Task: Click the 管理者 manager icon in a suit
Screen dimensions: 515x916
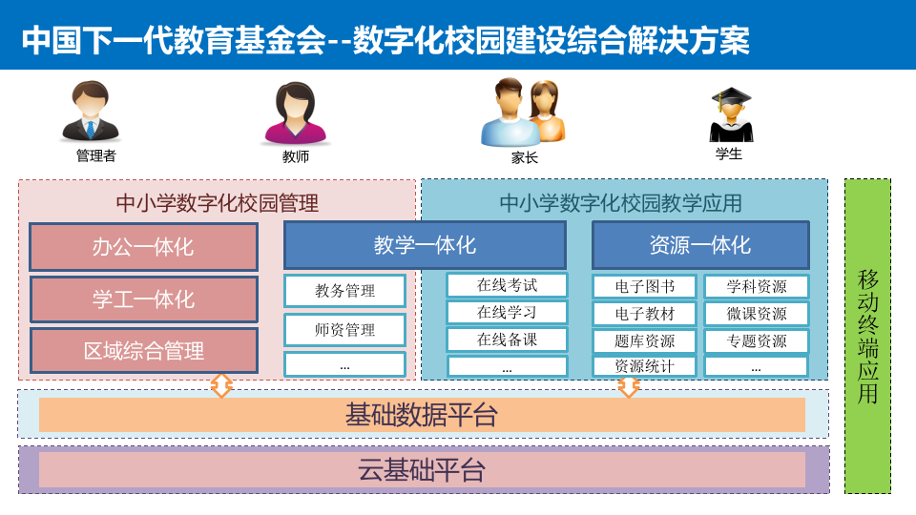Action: pos(92,113)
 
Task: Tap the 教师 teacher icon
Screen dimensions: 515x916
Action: pos(296,113)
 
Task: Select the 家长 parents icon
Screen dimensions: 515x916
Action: pos(523,112)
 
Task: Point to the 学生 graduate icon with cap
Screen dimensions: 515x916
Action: pos(731,114)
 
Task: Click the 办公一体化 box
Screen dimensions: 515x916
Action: pos(143,247)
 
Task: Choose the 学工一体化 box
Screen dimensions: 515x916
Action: pos(143,299)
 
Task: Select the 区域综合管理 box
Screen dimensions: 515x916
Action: pos(143,350)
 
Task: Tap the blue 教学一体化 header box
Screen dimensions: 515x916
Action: pos(425,245)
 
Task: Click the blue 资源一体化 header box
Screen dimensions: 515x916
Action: pos(700,245)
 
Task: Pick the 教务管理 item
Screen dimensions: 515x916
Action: pos(344,291)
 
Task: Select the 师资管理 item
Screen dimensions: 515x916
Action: pos(344,330)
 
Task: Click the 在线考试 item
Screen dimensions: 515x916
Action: pos(507,285)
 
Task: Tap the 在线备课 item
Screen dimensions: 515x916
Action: pos(507,340)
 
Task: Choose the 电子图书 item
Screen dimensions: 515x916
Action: pos(644,286)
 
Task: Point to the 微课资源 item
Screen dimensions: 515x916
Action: pos(756,314)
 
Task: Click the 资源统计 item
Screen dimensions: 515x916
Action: pos(644,366)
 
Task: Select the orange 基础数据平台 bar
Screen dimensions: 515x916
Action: pos(422,415)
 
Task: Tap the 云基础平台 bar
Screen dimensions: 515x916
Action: pos(422,470)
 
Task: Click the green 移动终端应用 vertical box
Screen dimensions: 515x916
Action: pos(867,336)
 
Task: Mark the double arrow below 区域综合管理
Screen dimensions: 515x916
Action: pos(221,385)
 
